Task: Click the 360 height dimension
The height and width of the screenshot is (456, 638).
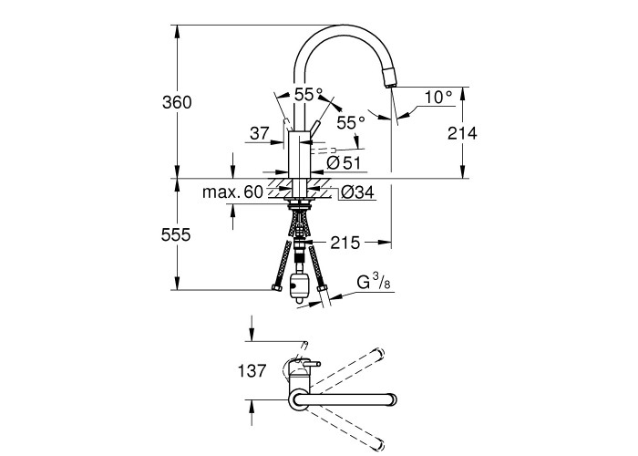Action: click(178, 102)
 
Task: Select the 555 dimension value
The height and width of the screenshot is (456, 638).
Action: click(178, 234)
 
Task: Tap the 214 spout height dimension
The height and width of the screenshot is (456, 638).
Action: click(463, 133)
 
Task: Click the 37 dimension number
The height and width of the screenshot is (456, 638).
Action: click(259, 133)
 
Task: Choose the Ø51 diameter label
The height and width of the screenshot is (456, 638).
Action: click(345, 162)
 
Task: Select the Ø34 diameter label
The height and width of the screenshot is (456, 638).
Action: click(357, 192)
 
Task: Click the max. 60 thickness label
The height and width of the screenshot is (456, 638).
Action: click(232, 192)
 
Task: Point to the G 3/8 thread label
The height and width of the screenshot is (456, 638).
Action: click(374, 280)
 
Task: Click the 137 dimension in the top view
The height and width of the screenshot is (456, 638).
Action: click(252, 371)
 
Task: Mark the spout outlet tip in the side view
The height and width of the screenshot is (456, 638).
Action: click(391, 85)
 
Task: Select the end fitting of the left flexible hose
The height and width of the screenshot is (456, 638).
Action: click(275, 290)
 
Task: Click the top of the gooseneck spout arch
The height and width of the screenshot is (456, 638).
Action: click(342, 28)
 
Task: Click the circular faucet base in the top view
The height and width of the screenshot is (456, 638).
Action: click(299, 399)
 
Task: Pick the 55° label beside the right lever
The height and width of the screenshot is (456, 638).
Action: click(352, 121)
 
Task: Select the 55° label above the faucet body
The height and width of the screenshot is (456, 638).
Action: click(308, 95)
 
